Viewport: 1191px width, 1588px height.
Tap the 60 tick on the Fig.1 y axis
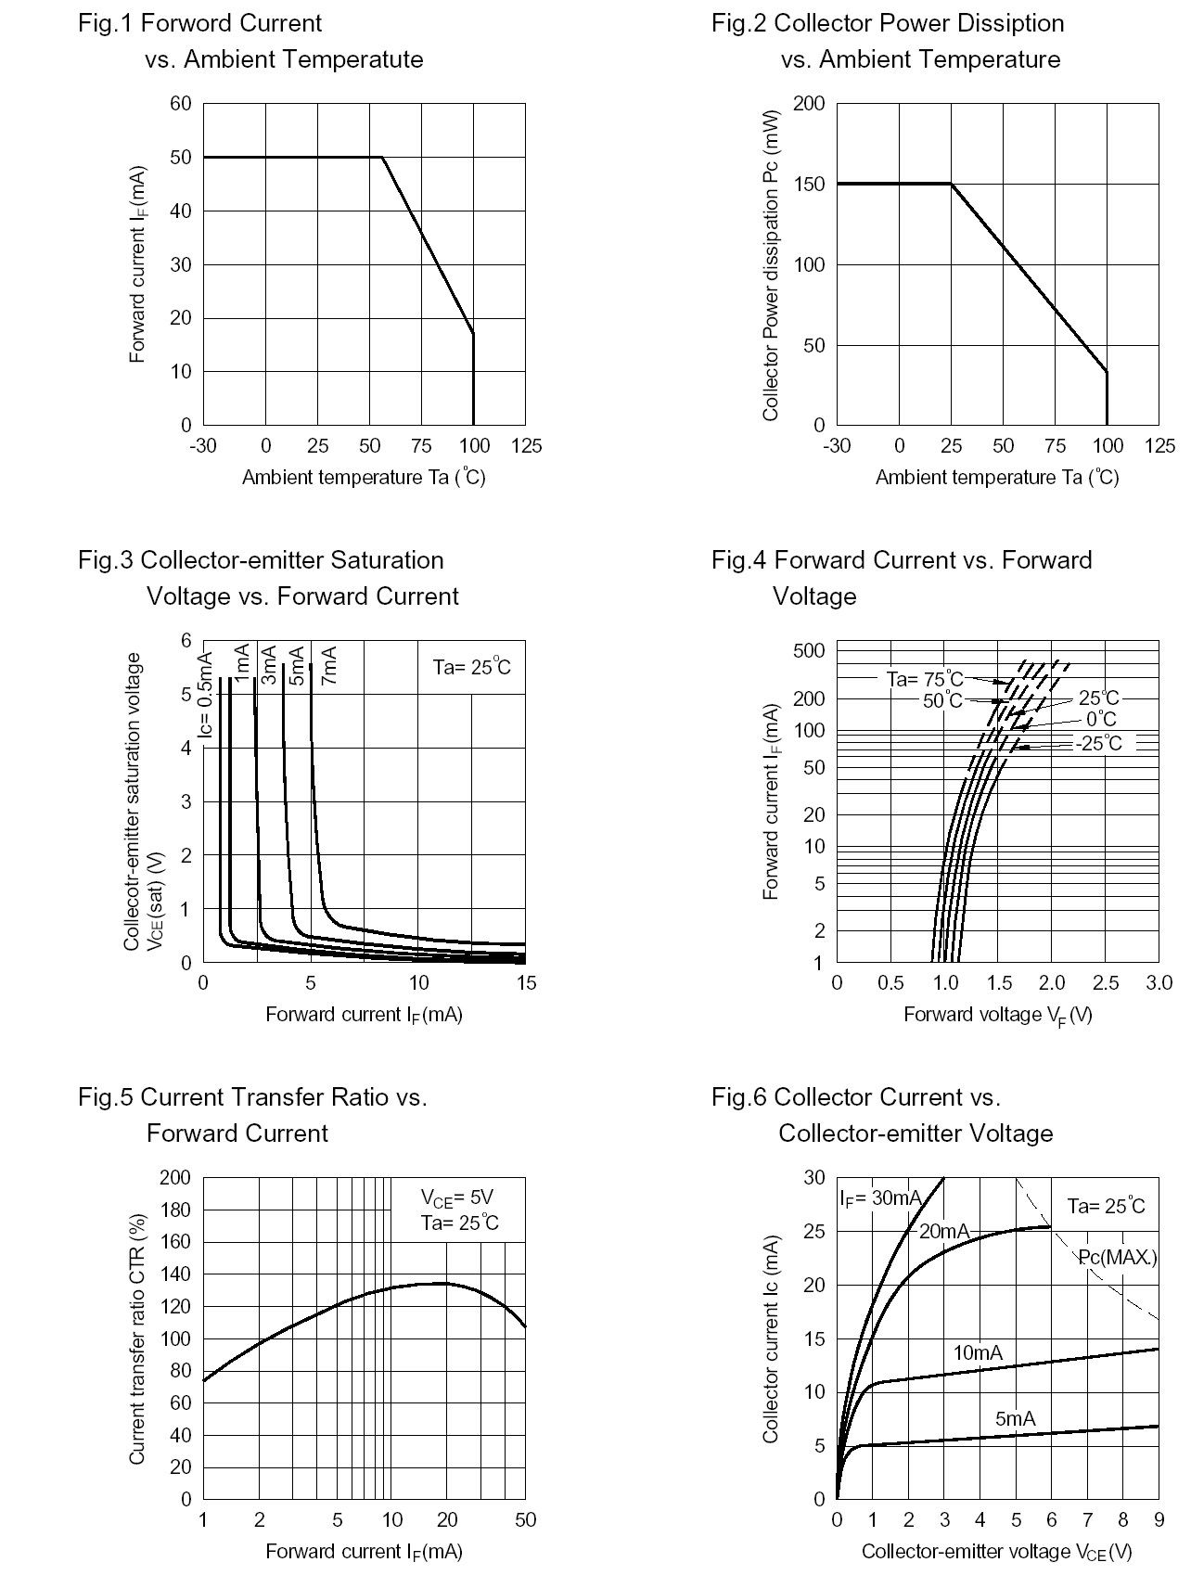pos(181,104)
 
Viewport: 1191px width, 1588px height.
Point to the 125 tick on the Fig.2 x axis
pos(1159,446)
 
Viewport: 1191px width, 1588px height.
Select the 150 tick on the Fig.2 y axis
pos(810,184)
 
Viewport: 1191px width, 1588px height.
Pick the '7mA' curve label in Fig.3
pos(328,665)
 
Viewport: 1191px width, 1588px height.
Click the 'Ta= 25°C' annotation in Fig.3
pos(471,667)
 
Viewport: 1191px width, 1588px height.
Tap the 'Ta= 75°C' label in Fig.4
pos(925,680)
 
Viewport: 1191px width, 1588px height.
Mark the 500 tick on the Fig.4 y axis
pos(809,650)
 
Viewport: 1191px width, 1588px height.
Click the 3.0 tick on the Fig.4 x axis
pos(1159,983)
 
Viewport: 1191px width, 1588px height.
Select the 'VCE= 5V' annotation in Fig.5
pos(456,1197)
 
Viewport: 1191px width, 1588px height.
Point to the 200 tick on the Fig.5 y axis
pos(175,1178)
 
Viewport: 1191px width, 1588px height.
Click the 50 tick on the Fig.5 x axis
pos(525,1520)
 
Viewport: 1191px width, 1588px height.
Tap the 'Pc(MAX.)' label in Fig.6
pos(1117,1258)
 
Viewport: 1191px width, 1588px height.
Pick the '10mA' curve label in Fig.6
pos(978,1353)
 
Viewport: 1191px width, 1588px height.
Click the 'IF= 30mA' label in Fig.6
pos(880,1198)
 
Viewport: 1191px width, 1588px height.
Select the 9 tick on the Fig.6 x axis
pos(1159,1520)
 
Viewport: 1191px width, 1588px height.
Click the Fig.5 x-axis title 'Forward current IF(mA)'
pos(364,1552)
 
